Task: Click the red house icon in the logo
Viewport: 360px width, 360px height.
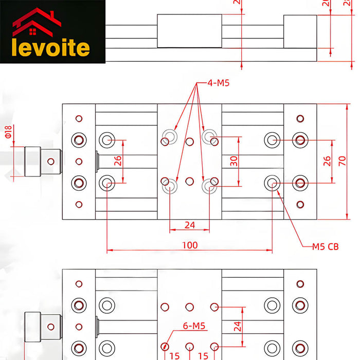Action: coord(36,22)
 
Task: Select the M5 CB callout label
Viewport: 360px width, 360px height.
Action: coord(326,247)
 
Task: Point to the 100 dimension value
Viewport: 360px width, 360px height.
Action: coord(190,245)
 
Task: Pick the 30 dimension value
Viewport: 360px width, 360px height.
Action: coord(234,160)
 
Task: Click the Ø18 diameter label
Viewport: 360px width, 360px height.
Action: coord(8,132)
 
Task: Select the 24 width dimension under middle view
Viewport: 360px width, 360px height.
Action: coord(190,225)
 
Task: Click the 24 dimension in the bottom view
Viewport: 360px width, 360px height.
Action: coord(237,326)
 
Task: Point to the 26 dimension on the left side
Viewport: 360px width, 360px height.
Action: coord(118,160)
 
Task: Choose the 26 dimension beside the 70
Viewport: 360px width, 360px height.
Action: coord(328,160)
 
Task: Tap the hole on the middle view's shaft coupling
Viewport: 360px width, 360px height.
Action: coord(50,161)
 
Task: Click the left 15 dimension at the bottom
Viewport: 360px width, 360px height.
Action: coord(175,355)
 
